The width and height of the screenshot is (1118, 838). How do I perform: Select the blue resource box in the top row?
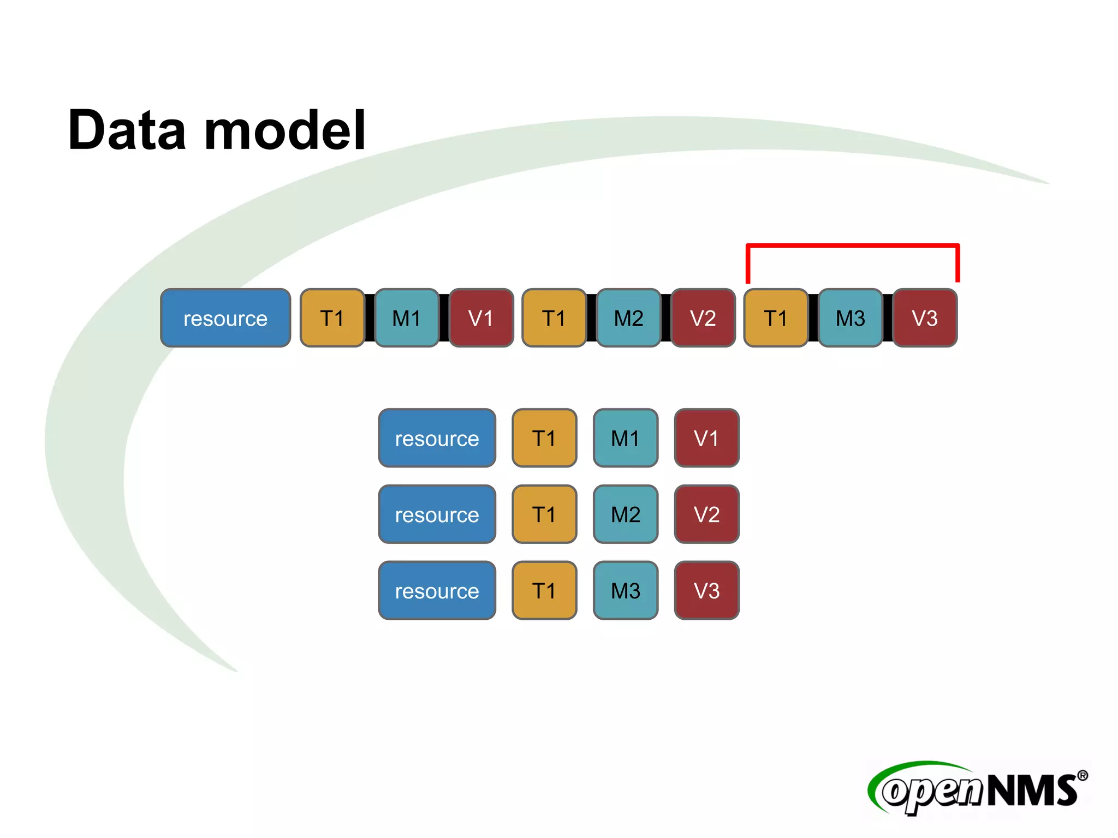[225, 318]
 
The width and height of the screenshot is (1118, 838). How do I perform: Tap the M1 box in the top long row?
[407, 318]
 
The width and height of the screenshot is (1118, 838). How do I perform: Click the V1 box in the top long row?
[481, 318]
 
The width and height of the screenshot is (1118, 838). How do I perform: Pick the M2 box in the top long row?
[628, 318]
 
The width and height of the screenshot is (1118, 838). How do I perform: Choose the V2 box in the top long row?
[703, 318]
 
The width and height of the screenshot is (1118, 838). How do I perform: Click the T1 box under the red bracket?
[776, 318]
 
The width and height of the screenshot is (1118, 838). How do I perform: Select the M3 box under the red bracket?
[850, 318]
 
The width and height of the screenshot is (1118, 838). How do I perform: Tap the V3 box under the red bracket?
[925, 318]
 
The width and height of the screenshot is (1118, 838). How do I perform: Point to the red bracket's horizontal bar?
[852, 246]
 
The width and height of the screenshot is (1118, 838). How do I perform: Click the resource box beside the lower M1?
[437, 438]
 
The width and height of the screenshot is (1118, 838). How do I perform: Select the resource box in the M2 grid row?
[437, 514]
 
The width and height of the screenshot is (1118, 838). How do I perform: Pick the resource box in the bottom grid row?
[437, 591]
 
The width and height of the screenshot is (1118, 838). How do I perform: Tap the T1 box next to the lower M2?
[544, 514]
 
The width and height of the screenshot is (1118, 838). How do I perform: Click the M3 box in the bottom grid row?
[626, 591]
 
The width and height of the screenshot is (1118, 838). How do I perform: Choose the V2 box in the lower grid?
[706, 514]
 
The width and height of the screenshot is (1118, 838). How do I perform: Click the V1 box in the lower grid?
[706, 438]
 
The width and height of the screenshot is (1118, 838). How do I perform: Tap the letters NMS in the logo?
[1032, 791]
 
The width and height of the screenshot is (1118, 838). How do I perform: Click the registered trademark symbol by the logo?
[1083, 775]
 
